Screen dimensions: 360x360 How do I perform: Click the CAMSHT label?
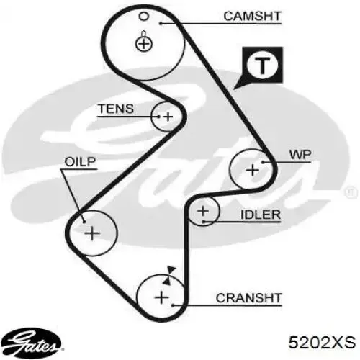click(x=252, y=17)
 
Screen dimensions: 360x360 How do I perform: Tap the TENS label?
click(x=116, y=109)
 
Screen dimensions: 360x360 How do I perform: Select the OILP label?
click(x=80, y=162)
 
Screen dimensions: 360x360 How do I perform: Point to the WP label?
click(x=300, y=155)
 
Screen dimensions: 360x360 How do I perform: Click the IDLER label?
click(x=261, y=215)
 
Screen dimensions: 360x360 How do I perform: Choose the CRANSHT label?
click(x=248, y=298)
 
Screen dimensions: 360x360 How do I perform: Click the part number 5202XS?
click(x=322, y=342)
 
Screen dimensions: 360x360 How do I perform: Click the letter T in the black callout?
click(x=263, y=65)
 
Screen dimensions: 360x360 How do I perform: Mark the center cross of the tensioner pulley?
click(x=168, y=117)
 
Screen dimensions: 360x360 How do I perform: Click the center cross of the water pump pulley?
click(x=253, y=170)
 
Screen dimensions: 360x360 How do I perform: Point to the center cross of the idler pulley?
click(x=203, y=211)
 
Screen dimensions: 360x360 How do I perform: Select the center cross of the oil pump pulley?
click(x=92, y=233)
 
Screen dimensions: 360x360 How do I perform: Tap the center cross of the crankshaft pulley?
click(x=162, y=297)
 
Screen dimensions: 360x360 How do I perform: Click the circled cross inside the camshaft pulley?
click(x=144, y=44)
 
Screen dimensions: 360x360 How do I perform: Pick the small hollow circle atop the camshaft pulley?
click(x=144, y=17)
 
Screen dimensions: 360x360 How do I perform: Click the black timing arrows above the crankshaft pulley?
click(x=169, y=275)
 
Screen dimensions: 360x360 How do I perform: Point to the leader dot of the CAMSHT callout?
click(x=161, y=23)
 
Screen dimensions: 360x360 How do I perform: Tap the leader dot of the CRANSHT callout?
click(x=172, y=305)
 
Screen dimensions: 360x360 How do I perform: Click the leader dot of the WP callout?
click(x=263, y=162)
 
